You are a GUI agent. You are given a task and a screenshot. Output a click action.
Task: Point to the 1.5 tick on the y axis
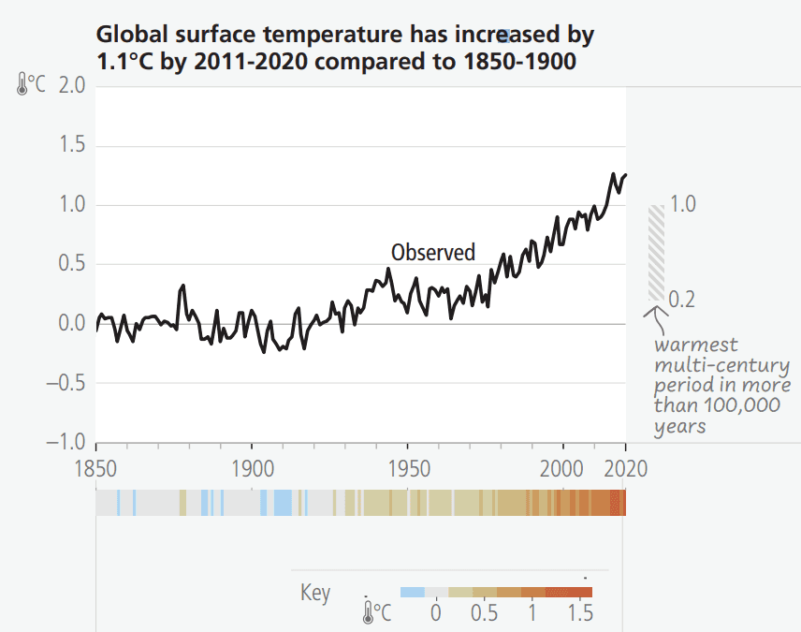tap(71, 145)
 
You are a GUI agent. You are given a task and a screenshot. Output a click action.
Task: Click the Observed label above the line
tap(432, 252)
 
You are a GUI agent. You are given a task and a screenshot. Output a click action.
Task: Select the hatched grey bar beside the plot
tap(656, 253)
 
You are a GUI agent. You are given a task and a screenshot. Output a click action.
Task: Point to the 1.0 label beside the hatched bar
tap(683, 204)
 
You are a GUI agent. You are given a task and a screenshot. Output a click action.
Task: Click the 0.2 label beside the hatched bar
tap(683, 300)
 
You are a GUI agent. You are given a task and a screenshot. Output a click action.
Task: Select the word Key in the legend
tap(314, 593)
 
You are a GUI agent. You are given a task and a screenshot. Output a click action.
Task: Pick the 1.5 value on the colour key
tap(579, 613)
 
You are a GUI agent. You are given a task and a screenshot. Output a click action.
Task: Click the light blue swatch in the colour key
tap(412, 592)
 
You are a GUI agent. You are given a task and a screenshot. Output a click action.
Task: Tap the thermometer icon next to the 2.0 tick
tap(22, 85)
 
